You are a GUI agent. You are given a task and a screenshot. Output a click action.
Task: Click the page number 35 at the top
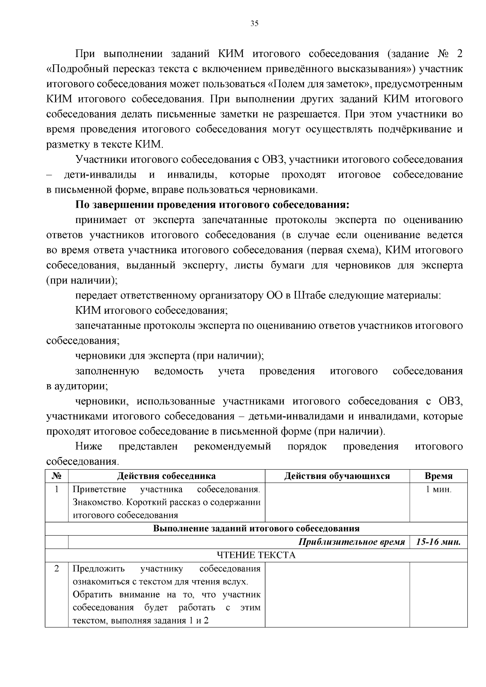tap(254, 23)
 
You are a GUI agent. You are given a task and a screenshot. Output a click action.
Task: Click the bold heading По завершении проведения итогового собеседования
tap(212, 204)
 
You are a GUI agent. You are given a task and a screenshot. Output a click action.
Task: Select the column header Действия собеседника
tap(166, 476)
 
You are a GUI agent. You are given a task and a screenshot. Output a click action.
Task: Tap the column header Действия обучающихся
tap(337, 476)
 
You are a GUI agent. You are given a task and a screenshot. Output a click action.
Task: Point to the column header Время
tap(438, 476)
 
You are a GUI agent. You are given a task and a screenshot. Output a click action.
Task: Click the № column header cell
tap(57, 476)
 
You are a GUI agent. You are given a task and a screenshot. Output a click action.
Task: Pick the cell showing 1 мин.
tap(438, 489)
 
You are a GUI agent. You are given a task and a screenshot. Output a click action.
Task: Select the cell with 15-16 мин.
tap(438, 542)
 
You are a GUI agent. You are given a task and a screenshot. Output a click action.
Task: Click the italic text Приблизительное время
tap(352, 542)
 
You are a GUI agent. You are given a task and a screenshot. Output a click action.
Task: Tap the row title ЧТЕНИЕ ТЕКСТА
tap(256, 555)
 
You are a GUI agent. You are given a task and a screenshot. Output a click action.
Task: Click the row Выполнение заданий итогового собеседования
tap(256, 528)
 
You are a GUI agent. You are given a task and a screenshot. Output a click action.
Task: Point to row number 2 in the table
tap(57, 568)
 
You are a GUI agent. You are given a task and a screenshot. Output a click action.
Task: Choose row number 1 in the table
tap(57, 489)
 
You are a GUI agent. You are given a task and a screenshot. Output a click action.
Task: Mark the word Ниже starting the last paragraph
tap(89, 447)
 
